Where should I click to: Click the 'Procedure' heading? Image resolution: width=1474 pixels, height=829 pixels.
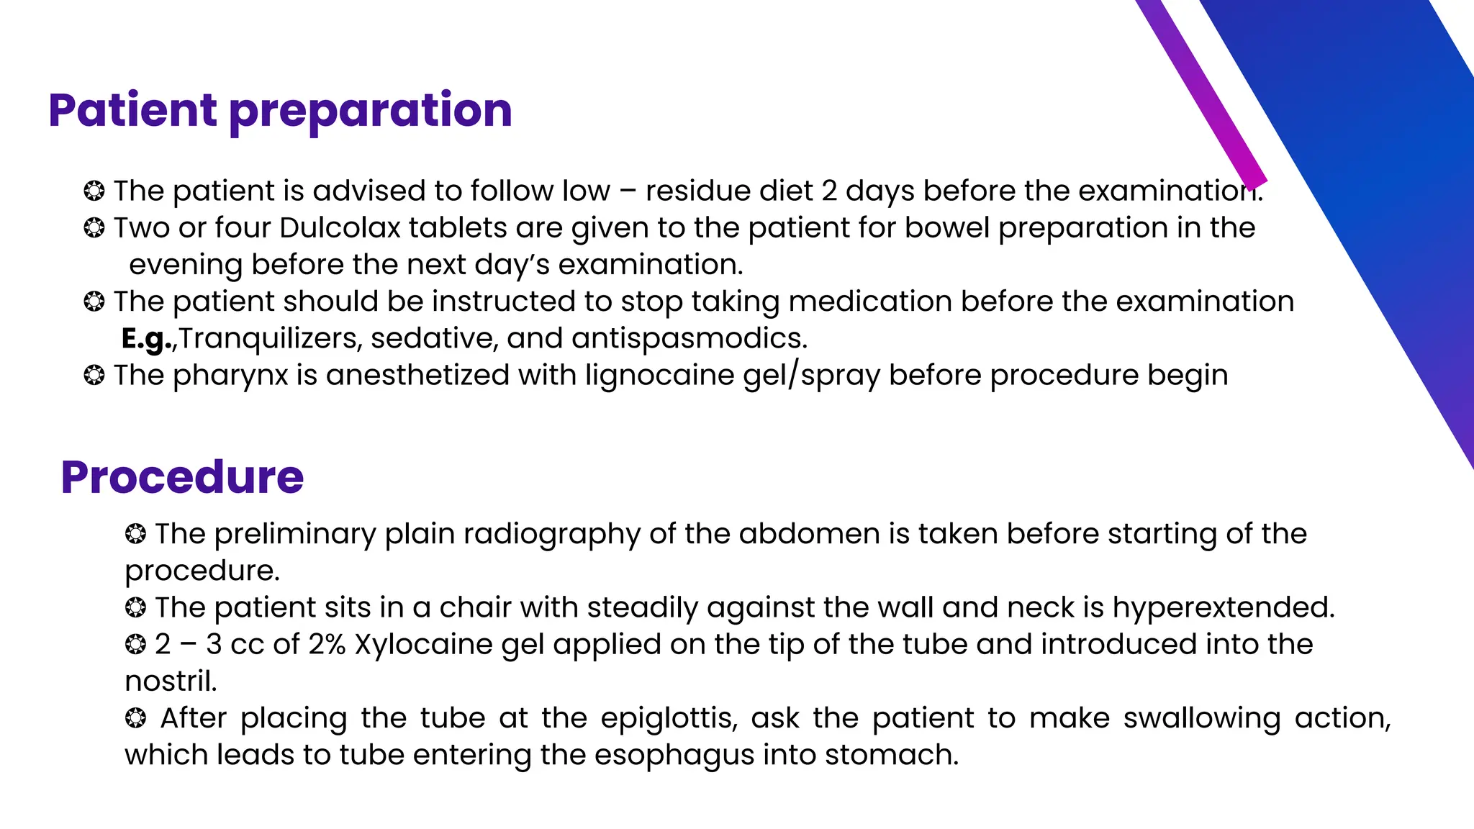click(x=182, y=477)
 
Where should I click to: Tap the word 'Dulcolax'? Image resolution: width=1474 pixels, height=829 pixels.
click(x=340, y=228)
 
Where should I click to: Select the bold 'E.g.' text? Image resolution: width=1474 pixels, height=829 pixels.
click(x=146, y=338)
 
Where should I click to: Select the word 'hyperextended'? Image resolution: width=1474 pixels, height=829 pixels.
click(x=1221, y=607)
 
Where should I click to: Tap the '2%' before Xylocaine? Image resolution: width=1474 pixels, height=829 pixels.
click(x=327, y=644)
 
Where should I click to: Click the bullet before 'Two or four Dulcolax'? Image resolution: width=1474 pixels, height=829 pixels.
click(x=94, y=228)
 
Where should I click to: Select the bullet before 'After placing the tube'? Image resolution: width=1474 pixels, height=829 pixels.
click(x=135, y=717)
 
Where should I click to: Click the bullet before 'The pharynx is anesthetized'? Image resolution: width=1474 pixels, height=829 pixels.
click(x=94, y=375)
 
